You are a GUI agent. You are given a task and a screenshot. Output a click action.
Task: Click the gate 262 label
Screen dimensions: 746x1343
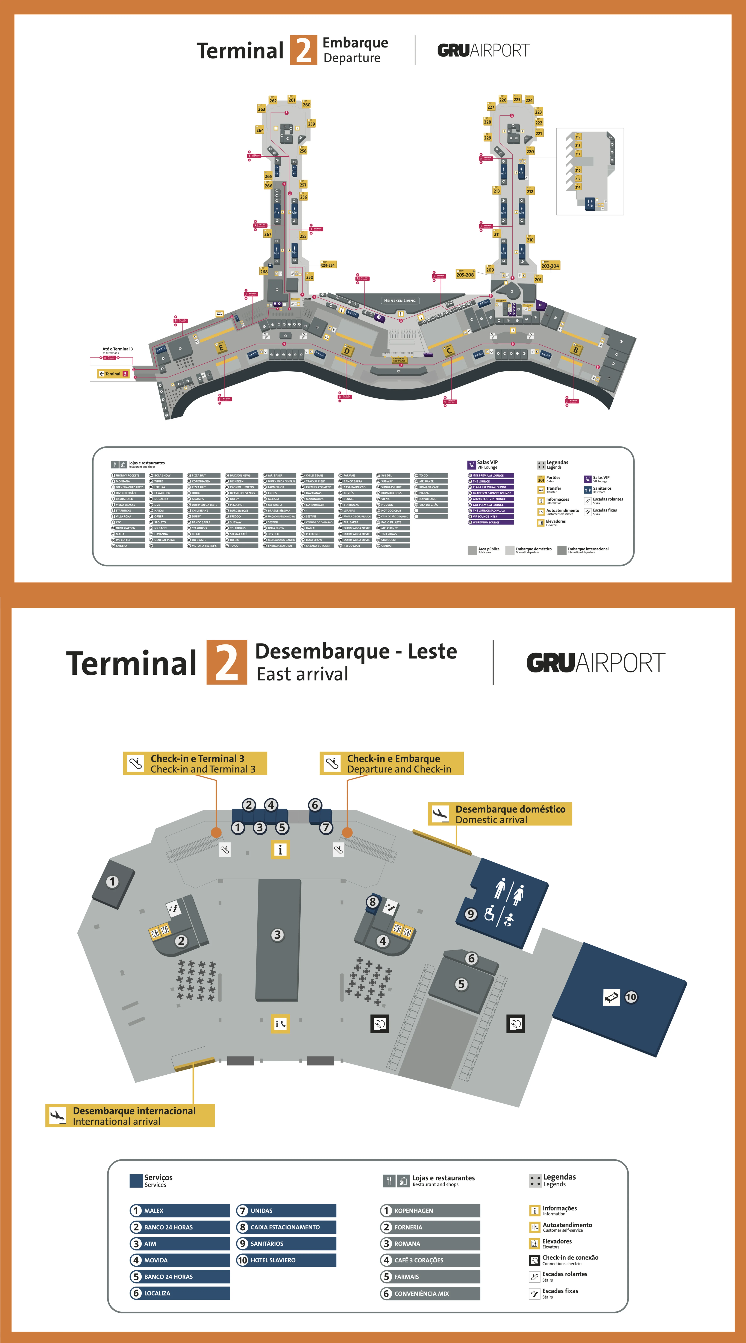(x=273, y=101)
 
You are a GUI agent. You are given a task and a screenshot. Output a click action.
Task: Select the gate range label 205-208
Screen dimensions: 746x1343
(x=465, y=274)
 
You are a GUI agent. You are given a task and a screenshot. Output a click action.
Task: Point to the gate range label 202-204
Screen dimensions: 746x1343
(x=550, y=265)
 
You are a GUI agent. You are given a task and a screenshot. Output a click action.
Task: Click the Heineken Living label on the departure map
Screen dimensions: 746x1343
(x=400, y=300)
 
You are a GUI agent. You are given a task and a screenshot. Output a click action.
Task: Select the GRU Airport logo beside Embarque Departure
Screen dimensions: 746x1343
(x=483, y=51)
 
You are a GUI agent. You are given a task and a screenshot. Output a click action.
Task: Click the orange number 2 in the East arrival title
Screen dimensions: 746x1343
(x=227, y=662)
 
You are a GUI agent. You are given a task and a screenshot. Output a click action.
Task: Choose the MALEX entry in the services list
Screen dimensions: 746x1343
(x=180, y=1211)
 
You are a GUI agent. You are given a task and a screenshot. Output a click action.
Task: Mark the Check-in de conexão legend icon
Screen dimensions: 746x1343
(x=534, y=1260)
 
